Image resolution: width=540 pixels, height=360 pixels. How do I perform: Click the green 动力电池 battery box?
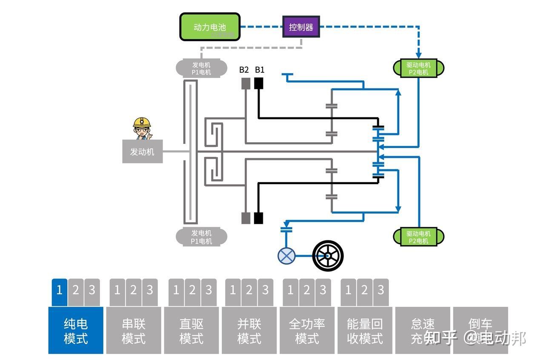[x=210, y=27]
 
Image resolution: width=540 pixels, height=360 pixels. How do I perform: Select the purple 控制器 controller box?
[x=301, y=27]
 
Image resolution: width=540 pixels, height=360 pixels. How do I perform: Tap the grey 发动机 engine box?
[x=142, y=151]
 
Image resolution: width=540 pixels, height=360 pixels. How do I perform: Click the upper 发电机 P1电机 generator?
[x=201, y=69]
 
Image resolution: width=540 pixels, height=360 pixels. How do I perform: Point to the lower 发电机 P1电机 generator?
[x=201, y=237]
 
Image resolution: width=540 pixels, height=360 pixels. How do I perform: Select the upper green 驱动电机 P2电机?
[x=418, y=69]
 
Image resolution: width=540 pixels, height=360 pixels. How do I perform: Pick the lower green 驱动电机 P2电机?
[x=418, y=237]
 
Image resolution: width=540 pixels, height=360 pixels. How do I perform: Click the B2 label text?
[x=244, y=70]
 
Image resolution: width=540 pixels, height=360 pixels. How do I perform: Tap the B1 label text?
[x=260, y=70]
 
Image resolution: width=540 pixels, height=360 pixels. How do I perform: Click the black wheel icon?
[x=328, y=255]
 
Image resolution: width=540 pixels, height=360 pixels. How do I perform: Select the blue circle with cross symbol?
[x=286, y=256]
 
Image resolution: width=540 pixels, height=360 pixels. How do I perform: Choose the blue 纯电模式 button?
[x=76, y=331]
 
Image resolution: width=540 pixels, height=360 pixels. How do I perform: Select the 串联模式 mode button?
[x=134, y=331]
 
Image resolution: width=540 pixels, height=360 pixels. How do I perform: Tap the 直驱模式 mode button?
[x=191, y=331]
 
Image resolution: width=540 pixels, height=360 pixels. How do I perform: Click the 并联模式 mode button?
[x=249, y=331]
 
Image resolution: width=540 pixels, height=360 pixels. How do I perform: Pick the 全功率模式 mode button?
[x=307, y=331]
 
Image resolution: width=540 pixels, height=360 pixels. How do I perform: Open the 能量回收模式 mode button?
[x=365, y=331]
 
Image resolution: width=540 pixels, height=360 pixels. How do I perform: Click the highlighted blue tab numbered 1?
[x=59, y=291]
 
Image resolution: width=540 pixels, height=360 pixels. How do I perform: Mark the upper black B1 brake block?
[x=259, y=83]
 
